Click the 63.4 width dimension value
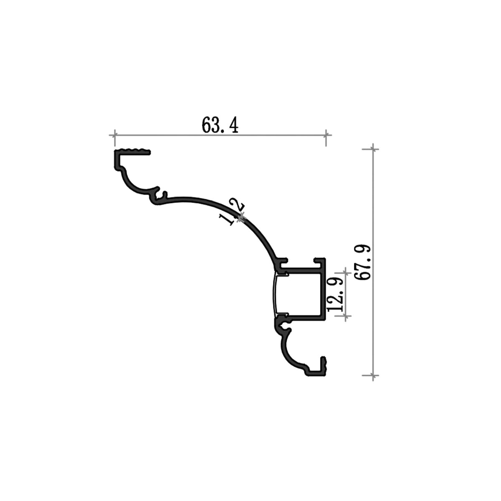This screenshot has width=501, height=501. pyautogui.click(x=220, y=124)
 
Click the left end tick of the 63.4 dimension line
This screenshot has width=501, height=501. pyautogui.click(x=114, y=135)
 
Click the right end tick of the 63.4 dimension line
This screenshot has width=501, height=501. pyautogui.click(x=326, y=135)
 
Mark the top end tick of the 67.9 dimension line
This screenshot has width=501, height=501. pyautogui.click(x=373, y=148)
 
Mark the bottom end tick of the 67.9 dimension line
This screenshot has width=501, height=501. pyautogui.click(x=373, y=375)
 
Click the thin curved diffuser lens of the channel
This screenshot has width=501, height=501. pyautogui.click(x=275, y=293)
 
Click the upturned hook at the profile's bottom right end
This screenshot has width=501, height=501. pyautogui.click(x=322, y=365)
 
